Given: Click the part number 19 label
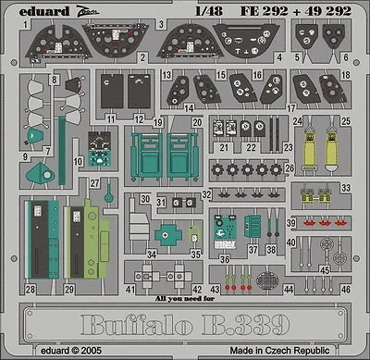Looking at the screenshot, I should (158, 121).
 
